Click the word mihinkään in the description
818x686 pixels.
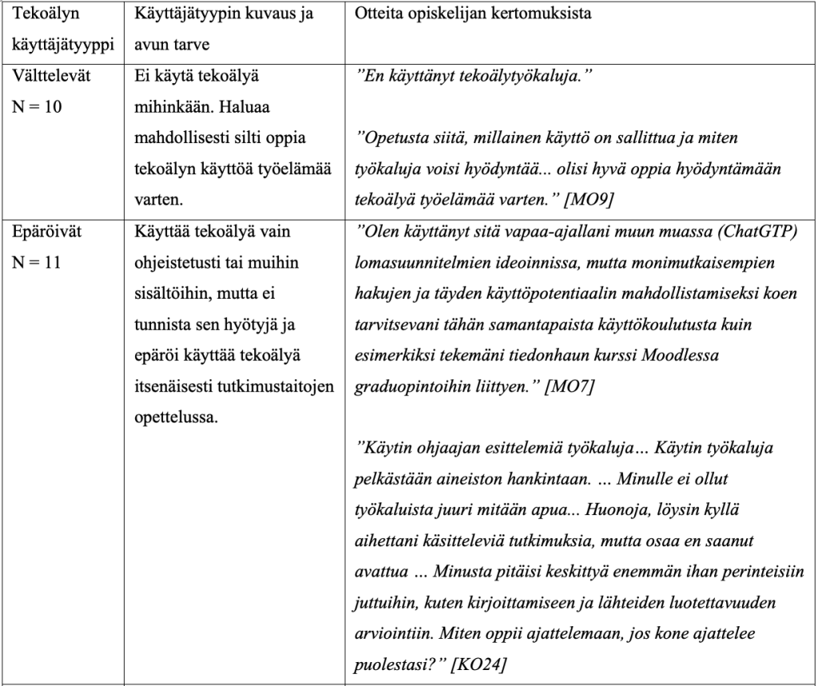pos(165,107)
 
